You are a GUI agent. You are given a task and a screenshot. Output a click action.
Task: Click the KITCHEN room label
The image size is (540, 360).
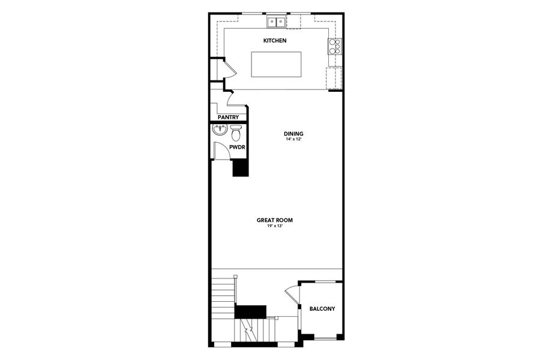coord(275,41)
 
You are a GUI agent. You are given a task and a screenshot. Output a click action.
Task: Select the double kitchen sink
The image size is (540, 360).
coord(277,22)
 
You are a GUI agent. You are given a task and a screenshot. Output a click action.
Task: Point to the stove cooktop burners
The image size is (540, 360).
coord(334,46)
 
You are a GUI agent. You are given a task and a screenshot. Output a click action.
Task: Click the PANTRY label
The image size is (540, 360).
coord(228,118)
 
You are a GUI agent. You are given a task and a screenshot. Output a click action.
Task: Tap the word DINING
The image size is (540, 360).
coord(293,133)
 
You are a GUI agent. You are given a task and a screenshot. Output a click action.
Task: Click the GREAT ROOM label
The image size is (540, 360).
coord(275,220)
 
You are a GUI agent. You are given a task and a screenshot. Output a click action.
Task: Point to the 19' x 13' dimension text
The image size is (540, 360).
coord(275,226)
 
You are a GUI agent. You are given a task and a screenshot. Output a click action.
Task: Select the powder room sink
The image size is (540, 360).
coord(220,130)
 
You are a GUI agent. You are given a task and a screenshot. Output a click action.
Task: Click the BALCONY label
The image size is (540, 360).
coord(322,309)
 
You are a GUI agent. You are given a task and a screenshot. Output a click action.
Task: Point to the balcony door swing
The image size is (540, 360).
coord(292,295)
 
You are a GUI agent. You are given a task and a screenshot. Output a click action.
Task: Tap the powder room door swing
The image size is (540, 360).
coord(221,151)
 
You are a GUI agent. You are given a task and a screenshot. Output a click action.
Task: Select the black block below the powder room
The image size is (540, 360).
coord(240,167)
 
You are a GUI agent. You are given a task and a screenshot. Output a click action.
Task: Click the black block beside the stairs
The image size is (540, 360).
coord(250,311)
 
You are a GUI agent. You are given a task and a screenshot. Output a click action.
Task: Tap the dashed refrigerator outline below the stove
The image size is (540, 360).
coord(334,78)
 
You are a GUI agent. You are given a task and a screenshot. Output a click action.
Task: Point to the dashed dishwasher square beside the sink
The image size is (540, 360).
coord(293,22)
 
